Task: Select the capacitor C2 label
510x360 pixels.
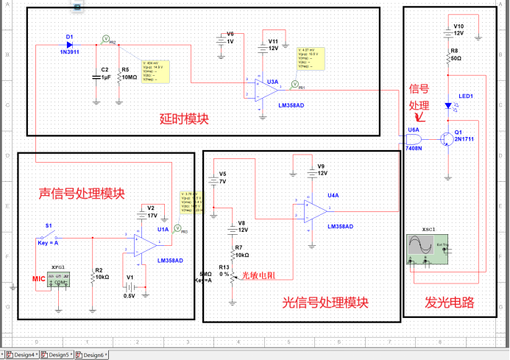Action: (105, 73)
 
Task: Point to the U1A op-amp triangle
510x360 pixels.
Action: (144, 243)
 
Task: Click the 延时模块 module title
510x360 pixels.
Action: (184, 118)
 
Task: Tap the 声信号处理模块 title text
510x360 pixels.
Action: (82, 194)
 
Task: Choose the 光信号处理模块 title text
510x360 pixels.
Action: (325, 303)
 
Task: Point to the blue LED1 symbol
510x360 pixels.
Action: (447, 105)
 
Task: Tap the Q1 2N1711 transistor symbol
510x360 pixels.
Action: (446, 138)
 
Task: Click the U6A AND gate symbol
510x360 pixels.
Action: (414, 138)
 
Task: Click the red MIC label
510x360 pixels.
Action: (38, 278)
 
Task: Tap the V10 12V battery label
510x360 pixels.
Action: (458, 29)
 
